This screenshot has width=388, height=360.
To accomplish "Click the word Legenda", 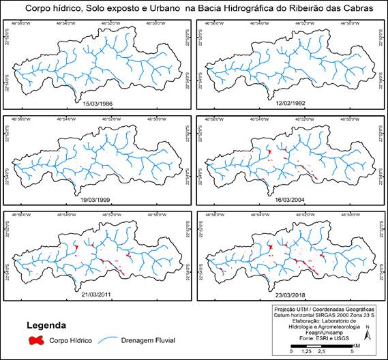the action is tap(46, 324).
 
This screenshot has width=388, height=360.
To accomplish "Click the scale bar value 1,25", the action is tap(307, 352).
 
